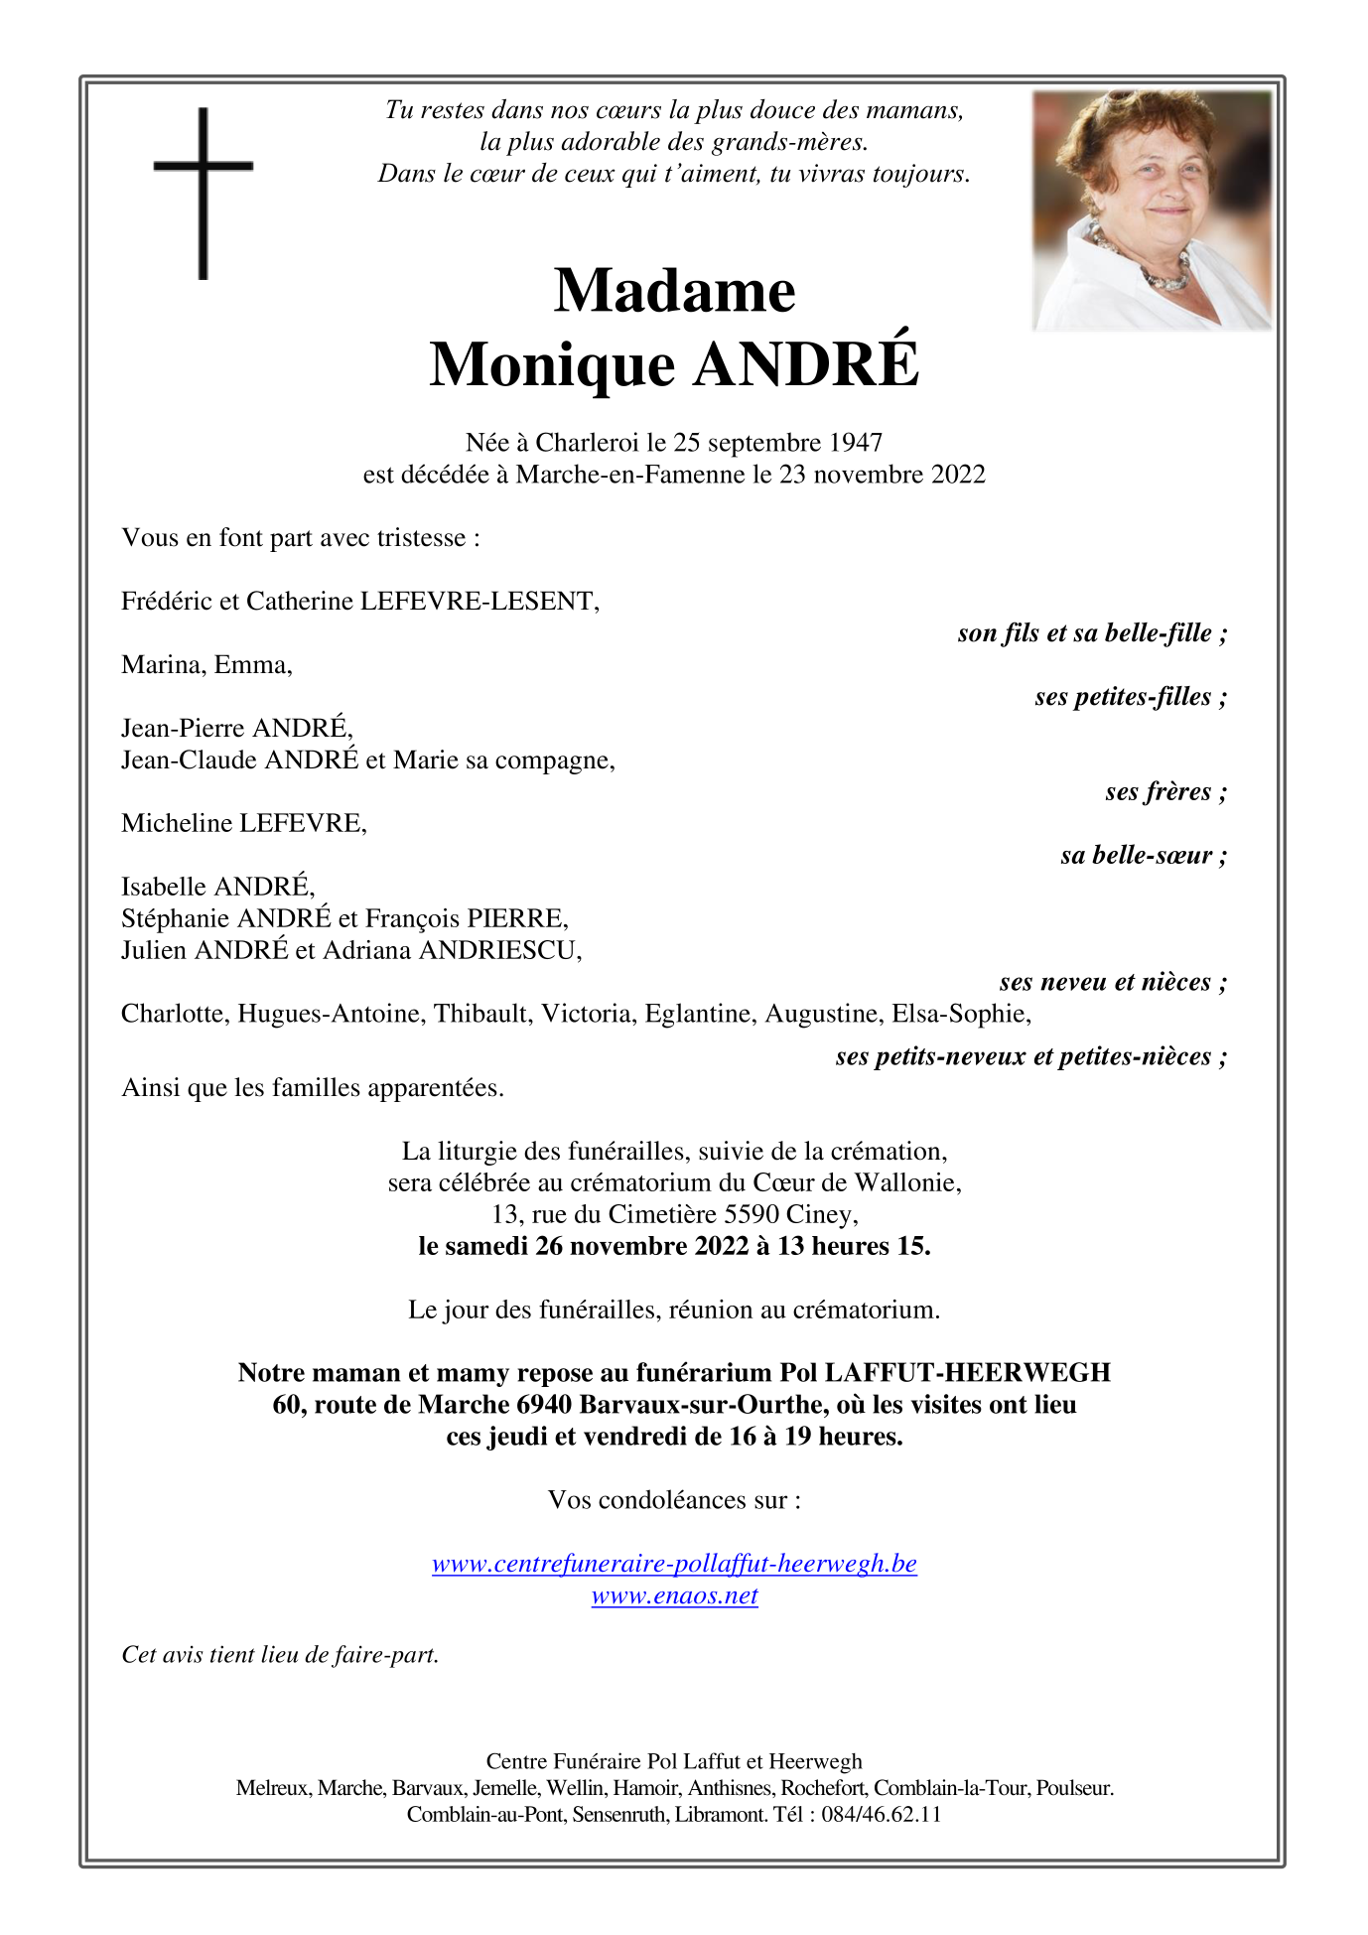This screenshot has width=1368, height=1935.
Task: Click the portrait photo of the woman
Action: tap(1152, 210)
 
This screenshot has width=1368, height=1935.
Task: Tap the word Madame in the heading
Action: tap(674, 291)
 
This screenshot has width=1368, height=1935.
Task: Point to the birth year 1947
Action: tap(856, 443)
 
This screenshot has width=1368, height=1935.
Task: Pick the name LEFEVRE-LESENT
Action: tap(478, 601)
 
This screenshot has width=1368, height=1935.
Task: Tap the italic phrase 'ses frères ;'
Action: tap(1165, 791)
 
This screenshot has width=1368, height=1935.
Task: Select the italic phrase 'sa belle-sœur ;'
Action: tap(1143, 855)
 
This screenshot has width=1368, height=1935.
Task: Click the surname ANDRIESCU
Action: tap(499, 950)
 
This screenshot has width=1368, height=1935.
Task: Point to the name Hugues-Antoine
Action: tap(332, 1014)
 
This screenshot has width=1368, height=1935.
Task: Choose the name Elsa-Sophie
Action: tap(960, 1014)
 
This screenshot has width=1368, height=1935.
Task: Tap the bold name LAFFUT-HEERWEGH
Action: tap(967, 1373)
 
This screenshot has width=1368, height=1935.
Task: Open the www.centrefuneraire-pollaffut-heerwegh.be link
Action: tap(674, 1564)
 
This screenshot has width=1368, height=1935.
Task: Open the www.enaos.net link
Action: tap(674, 1595)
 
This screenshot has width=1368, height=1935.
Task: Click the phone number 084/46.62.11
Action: tap(881, 1814)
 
